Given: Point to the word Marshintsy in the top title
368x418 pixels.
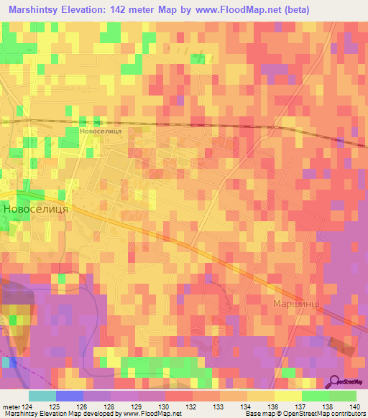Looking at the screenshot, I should click(x=40, y=9).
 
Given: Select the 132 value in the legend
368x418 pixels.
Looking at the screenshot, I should click(x=192, y=407).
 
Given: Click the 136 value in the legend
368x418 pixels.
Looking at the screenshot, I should click(x=273, y=407).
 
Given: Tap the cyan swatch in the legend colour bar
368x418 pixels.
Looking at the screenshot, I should click(x=42, y=396).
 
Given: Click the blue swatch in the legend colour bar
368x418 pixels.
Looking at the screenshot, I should click(x=70, y=396).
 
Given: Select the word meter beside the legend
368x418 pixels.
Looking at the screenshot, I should click(x=10, y=407).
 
